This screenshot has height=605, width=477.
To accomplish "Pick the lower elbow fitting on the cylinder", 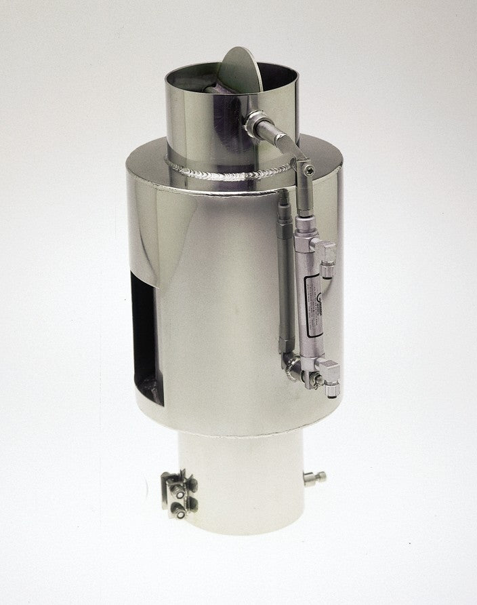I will [x=331, y=371].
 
